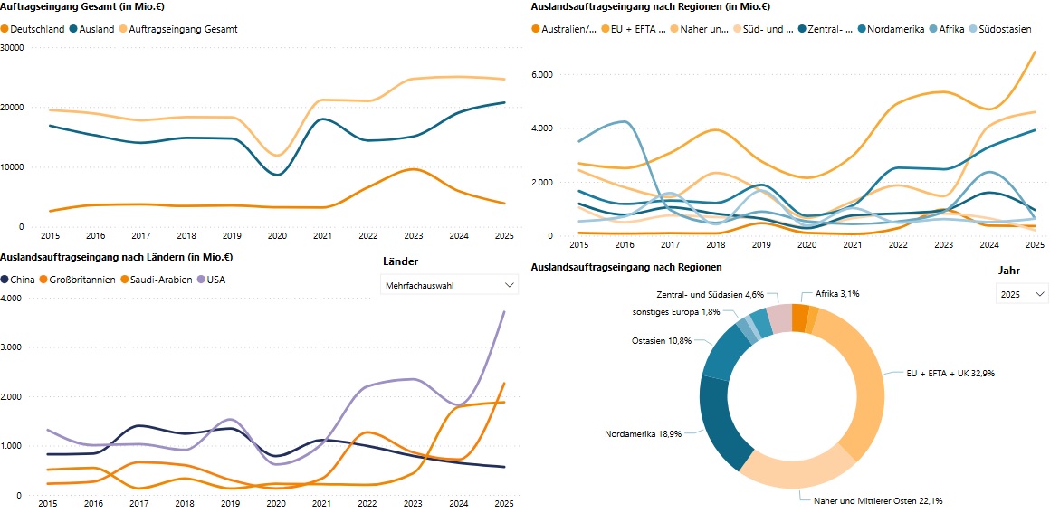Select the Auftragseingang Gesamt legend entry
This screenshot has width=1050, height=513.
183,29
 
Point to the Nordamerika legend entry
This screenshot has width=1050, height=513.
894,29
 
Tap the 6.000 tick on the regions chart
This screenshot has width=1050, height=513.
541,74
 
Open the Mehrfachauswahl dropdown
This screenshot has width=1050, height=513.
449,285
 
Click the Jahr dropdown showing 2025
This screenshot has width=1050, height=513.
1022,294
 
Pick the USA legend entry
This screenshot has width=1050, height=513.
215,280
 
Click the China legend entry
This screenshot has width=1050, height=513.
23,280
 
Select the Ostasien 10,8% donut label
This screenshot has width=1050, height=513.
661,341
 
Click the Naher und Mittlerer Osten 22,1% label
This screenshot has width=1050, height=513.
865,500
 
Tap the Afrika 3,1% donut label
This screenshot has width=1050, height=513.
837,294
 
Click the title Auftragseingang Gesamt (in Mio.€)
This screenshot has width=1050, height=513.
77,7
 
